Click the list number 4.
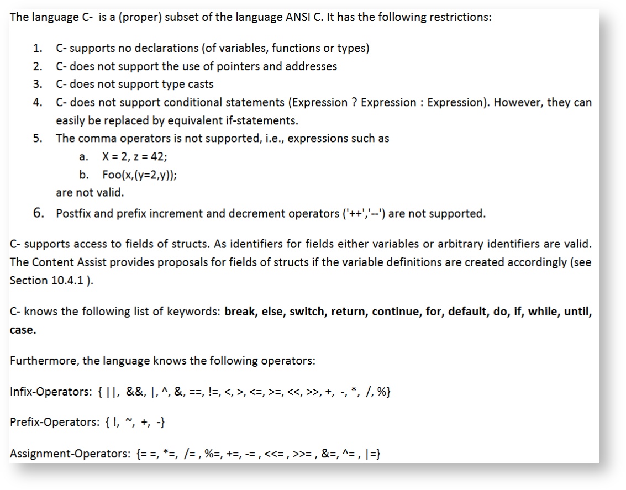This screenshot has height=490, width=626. coord(38,103)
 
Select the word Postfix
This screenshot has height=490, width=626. coord(74,214)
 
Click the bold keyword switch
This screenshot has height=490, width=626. coord(307,312)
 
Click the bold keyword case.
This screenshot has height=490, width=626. coord(23,330)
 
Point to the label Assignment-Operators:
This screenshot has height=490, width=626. coord(70,454)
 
